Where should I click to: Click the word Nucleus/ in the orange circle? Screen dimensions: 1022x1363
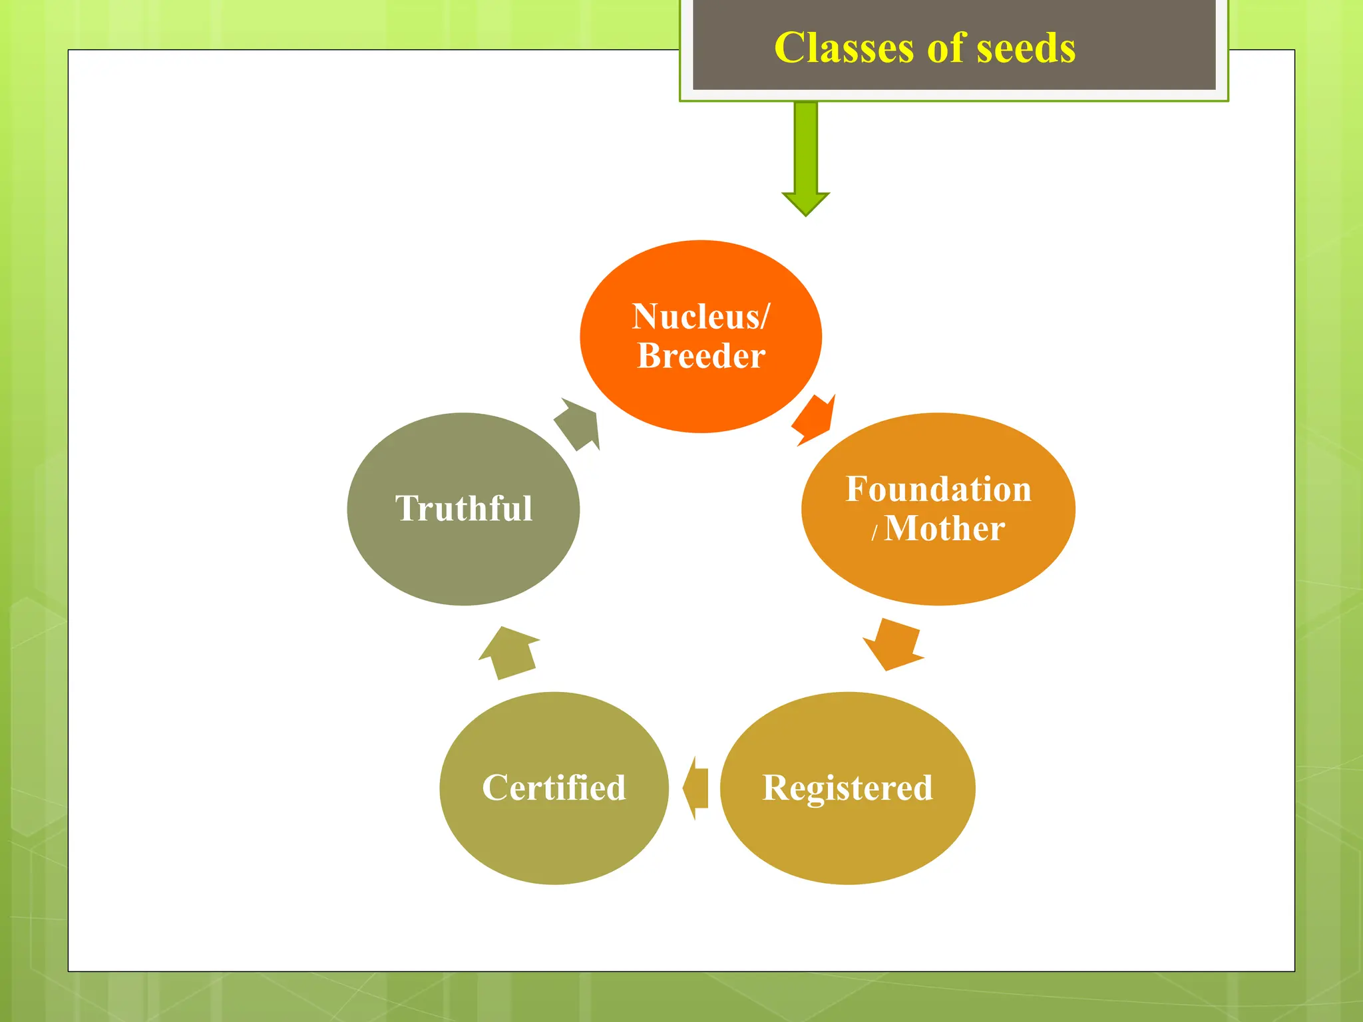coord(701,316)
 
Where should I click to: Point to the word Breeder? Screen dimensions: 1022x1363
coord(701,355)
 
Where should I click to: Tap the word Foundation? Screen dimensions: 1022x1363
coord(938,489)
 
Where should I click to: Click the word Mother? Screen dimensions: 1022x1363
coord(944,528)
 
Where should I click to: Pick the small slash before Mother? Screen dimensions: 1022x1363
coord(875,532)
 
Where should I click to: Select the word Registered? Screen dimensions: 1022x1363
coord(847,788)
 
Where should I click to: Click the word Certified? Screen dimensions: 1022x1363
coord(554,788)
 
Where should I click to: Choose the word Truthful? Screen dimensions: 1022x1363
coord(464,508)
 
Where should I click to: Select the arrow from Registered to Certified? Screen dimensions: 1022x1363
coord(696,788)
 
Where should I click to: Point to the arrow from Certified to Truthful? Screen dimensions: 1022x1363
coord(509,652)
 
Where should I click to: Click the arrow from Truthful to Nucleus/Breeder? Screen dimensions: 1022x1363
coord(578,425)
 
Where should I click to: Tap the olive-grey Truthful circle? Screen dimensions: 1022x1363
coord(464,566)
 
